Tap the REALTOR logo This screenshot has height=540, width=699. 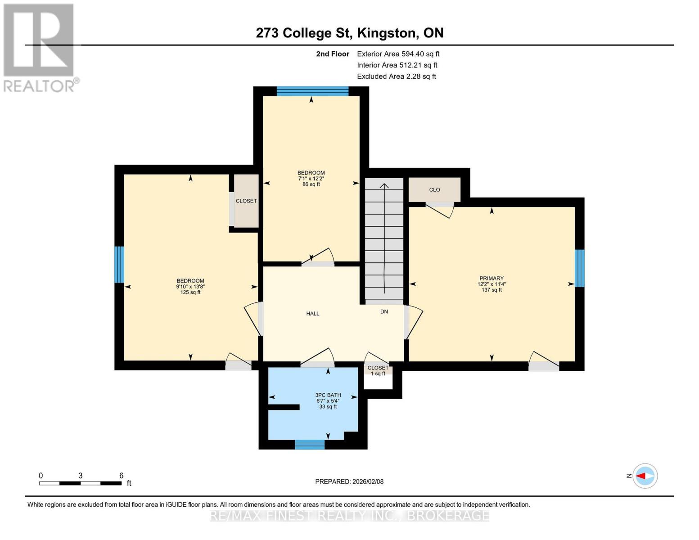tap(39, 47)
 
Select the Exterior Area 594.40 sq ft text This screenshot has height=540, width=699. tap(398, 54)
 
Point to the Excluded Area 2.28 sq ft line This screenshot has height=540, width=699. tap(396, 76)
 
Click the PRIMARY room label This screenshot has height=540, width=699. tap(491, 279)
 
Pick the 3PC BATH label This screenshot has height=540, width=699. tap(328, 395)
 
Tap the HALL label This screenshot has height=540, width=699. tap(312, 314)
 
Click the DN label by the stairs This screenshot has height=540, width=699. tap(384, 311)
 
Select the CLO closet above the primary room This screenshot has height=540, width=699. tap(434, 190)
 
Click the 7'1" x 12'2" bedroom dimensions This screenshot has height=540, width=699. tap(311, 179)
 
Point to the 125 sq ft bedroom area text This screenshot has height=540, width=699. tap(190, 292)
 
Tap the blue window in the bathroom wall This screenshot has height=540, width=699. tap(310, 445)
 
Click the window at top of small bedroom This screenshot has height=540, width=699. tap(312, 91)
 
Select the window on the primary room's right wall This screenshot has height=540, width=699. tap(580, 268)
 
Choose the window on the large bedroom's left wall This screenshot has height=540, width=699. tap(119, 265)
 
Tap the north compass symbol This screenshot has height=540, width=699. tap(645, 476)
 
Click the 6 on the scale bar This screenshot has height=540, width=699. tap(121, 475)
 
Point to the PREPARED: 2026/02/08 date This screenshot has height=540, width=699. tap(349, 481)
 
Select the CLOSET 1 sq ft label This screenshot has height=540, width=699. tap(378, 370)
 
